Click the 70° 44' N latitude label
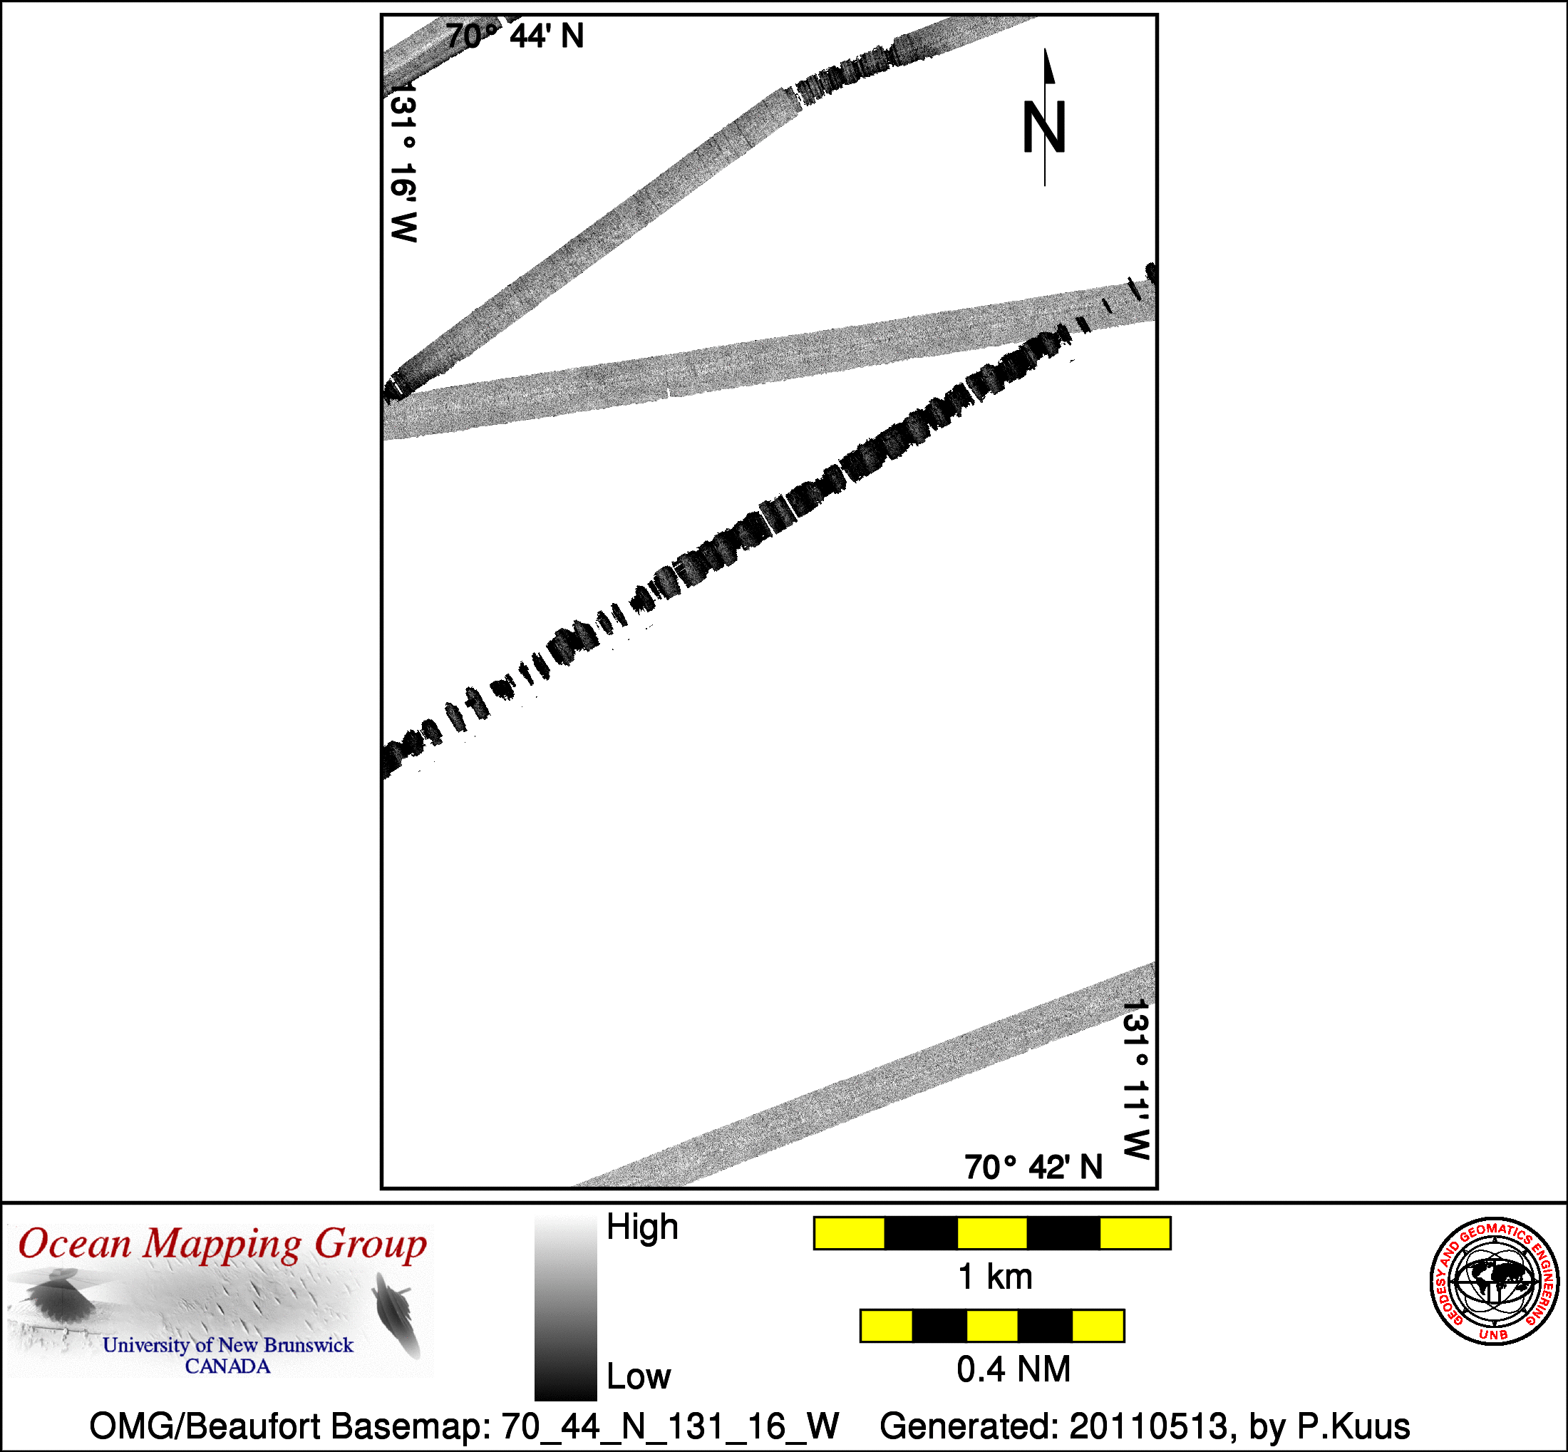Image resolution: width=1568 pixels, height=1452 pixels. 515,36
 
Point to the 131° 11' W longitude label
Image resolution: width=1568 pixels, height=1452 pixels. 1137,1080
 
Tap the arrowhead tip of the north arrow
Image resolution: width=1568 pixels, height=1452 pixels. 1045,48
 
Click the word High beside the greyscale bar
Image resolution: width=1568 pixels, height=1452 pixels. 642,1227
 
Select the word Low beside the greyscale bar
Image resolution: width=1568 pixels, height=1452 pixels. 639,1376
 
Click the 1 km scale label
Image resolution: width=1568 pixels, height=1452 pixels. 995,1277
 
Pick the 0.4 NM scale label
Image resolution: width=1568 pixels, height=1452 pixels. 1013,1369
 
